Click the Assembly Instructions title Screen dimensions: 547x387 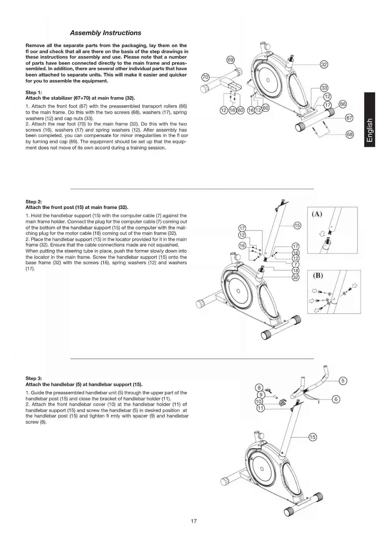pyautogui.click(x=105, y=33)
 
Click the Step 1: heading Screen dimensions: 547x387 pyautogui.click(x=33, y=92)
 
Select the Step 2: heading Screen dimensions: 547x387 pyautogui.click(x=33, y=201)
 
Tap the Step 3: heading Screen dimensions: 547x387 pyautogui.click(x=33, y=378)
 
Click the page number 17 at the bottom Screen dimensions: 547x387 pyautogui.click(x=194, y=521)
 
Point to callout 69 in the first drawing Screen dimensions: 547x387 pyautogui.click(x=230, y=60)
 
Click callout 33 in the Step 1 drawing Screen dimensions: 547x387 pyautogui.click(x=324, y=88)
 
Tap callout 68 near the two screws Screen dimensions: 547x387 pyautogui.click(x=350, y=134)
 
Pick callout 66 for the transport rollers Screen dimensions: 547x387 pyautogui.click(x=343, y=104)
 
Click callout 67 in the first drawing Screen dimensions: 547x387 pyautogui.click(x=350, y=118)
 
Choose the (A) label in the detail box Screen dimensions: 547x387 pyautogui.click(x=317, y=214)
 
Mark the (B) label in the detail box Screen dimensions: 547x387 pyautogui.click(x=317, y=276)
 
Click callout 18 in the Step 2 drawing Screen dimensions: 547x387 pyautogui.click(x=296, y=271)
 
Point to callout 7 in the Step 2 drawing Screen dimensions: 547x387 pyautogui.click(x=296, y=264)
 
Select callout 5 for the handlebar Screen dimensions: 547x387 pyautogui.click(x=343, y=380)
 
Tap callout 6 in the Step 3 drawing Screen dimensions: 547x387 pyautogui.click(x=336, y=399)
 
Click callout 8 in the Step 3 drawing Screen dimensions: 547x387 pyautogui.click(x=259, y=388)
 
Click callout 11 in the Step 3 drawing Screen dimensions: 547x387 pyautogui.click(x=260, y=408)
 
